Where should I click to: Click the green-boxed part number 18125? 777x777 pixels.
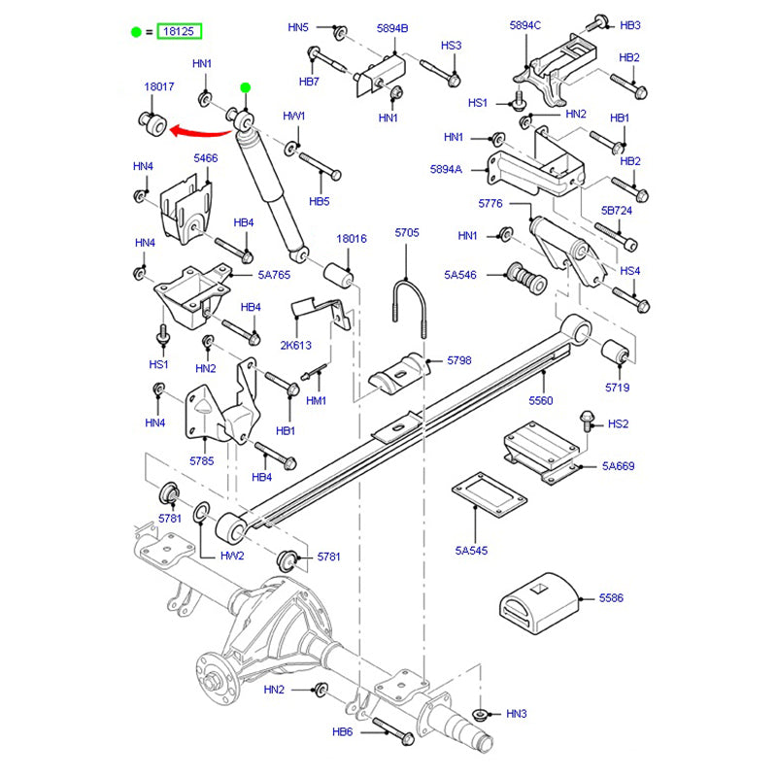coord(182,32)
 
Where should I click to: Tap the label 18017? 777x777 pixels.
coord(159,86)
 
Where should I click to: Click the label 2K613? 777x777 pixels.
coord(296,345)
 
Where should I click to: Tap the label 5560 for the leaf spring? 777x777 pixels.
coord(540,400)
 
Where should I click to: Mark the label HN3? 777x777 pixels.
coord(517,714)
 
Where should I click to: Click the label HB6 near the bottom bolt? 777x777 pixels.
coord(342,732)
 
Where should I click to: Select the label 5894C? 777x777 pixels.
coord(525,24)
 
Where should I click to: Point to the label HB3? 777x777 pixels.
coord(630,24)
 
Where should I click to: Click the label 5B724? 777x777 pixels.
coord(617,210)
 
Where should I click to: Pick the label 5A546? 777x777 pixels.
coord(460,275)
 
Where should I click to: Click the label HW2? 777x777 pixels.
coord(231,556)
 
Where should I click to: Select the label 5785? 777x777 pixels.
coord(201,461)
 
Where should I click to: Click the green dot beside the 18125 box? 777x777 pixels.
coord(136,32)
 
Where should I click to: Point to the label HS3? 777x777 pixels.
coord(451,45)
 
